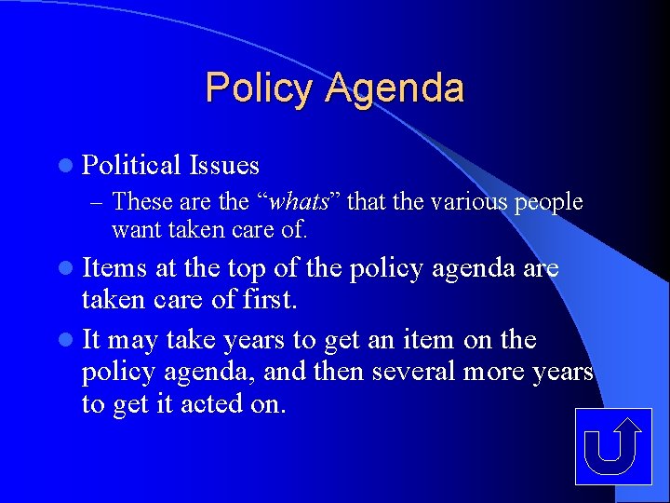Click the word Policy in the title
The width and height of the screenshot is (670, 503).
[x=261, y=88]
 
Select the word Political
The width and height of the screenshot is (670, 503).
[x=131, y=166]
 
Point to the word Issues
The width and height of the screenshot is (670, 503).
[x=223, y=166]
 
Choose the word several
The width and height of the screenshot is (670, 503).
[x=412, y=373]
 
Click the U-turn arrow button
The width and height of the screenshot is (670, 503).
[x=612, y=446]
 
